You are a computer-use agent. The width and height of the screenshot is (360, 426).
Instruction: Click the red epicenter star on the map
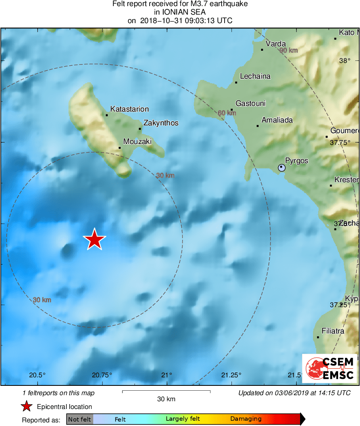[94, 239]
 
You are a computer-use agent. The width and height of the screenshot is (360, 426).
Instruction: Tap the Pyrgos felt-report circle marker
[282, 167]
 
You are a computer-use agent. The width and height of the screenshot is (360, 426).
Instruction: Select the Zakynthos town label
[161, 123]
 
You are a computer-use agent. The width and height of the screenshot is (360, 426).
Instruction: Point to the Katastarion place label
[130, 109]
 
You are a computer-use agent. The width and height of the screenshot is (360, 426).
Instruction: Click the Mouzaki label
[137, 142]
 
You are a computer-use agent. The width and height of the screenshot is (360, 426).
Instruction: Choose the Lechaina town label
[255, 76]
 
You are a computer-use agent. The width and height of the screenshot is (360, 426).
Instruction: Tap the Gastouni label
[251, 103]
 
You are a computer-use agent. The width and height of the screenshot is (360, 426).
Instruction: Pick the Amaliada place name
[277, 120]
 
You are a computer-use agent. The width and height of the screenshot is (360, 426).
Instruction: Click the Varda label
[276, 44]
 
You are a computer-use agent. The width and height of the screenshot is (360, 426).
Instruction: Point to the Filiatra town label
[333, 331]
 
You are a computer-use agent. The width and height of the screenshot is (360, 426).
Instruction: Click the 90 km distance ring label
[288, 50]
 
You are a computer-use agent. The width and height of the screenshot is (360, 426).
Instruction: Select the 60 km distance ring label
[227, 113]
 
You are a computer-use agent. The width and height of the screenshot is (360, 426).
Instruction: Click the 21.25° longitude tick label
[231, 375]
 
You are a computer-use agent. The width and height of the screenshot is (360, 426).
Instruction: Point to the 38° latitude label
[345, 61]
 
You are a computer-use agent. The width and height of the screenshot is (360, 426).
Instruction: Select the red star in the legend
[27, 406]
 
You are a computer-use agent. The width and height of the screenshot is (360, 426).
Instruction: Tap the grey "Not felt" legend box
[79, 419]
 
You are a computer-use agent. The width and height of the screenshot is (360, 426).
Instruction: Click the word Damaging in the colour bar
[246, 419]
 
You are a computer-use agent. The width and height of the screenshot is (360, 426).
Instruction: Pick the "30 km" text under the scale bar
[166, 399]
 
